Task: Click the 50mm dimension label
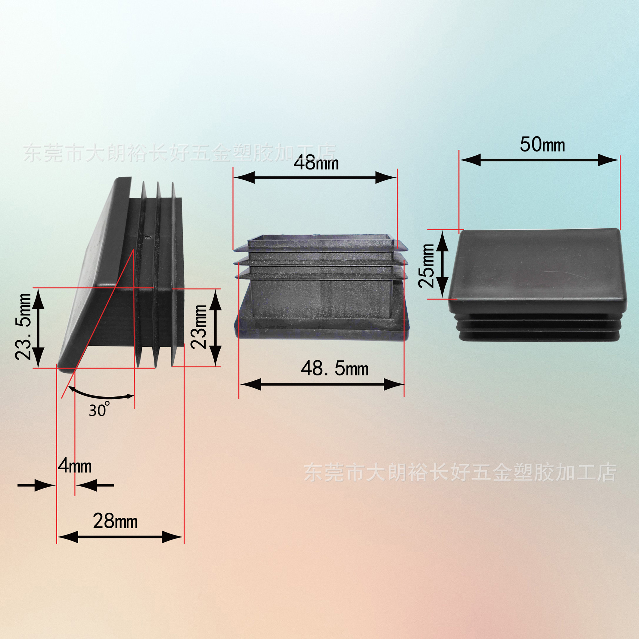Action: coord(542,145)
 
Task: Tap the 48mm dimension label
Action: coord(316,163)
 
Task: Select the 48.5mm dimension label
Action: coord(334,368)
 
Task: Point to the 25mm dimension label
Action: coord(427,266)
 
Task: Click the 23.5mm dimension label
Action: coord(23,326)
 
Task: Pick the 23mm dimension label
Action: coord(199,326)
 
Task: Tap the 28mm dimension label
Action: coord(115,521)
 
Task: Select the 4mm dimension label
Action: coord(75,466)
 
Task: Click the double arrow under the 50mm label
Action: coord(539,160)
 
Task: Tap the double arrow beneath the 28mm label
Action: coord(120,537)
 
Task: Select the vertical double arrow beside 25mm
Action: coord(442,265)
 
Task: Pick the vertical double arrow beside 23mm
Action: coord(216,327)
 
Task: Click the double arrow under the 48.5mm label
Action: coord(322,384)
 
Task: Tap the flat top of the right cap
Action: coord(537,266)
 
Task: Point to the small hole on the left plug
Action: coord(147,237)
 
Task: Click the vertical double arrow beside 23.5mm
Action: coord(38,328)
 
